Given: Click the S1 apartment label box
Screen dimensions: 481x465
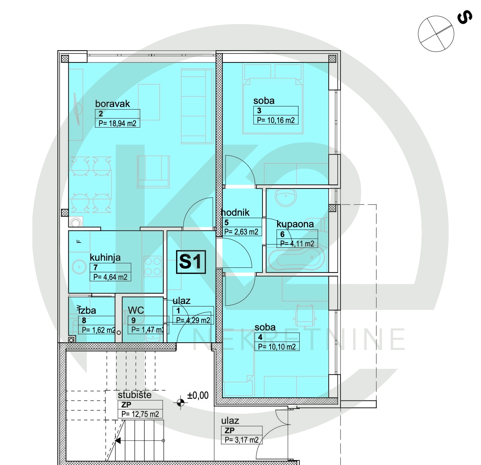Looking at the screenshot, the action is (191, 262).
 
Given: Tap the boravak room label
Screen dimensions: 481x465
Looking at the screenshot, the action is (113, 104).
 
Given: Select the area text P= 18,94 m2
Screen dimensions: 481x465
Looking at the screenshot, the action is (117, 123).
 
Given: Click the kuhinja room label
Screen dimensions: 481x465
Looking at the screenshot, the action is (105, 258).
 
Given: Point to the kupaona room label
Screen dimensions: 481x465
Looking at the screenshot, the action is (295, 224).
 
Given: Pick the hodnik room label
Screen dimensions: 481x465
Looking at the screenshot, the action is (235, 213).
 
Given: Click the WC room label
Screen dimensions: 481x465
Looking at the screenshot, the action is (136, 310).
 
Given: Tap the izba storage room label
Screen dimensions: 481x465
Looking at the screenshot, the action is (87, 311).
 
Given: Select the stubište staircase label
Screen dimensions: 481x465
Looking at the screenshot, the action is (135, 395).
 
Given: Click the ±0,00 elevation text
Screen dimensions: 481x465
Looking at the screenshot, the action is (198, 395).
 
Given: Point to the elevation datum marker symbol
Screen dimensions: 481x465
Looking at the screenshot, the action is (181, 403).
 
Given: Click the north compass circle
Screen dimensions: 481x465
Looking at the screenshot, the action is (436, 34).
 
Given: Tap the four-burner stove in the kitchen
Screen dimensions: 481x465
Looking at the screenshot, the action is (153, 266).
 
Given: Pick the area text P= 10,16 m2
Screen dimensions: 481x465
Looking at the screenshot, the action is (276, 120).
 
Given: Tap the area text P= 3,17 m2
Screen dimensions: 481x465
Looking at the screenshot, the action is (242, 440).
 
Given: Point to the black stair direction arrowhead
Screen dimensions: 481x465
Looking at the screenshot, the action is (118, 441).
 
